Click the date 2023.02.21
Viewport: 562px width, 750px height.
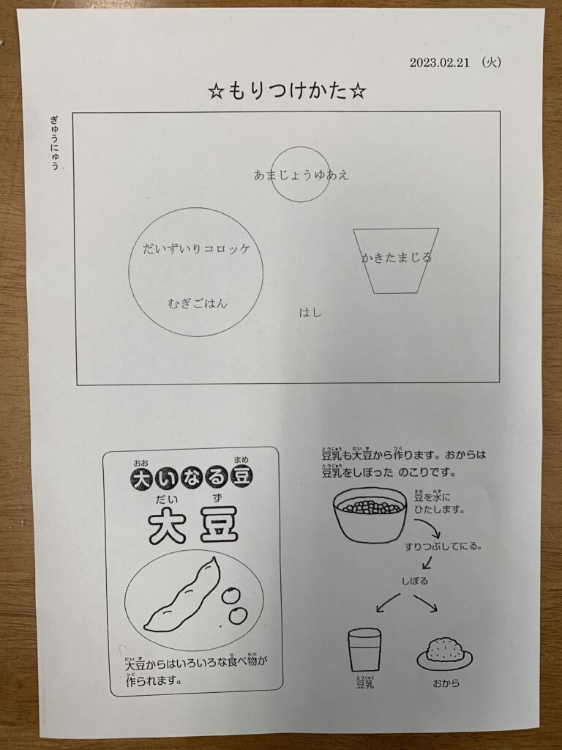440,62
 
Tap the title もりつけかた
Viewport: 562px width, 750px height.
288,91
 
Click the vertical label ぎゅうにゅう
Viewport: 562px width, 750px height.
55,143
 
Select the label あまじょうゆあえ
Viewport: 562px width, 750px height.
301,175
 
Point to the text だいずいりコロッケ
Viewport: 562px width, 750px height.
196,249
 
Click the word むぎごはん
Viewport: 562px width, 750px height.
198,303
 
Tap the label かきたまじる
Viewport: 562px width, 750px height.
396,258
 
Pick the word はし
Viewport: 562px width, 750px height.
310,313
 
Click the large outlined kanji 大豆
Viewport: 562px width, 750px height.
192,527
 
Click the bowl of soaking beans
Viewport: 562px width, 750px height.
370,515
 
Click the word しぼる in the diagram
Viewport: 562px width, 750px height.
414,581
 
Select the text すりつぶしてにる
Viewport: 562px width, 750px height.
443,546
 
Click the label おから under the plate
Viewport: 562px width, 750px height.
446,683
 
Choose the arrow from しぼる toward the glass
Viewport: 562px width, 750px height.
388,603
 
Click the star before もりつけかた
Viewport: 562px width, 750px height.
216,92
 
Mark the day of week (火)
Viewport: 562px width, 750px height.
491,62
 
